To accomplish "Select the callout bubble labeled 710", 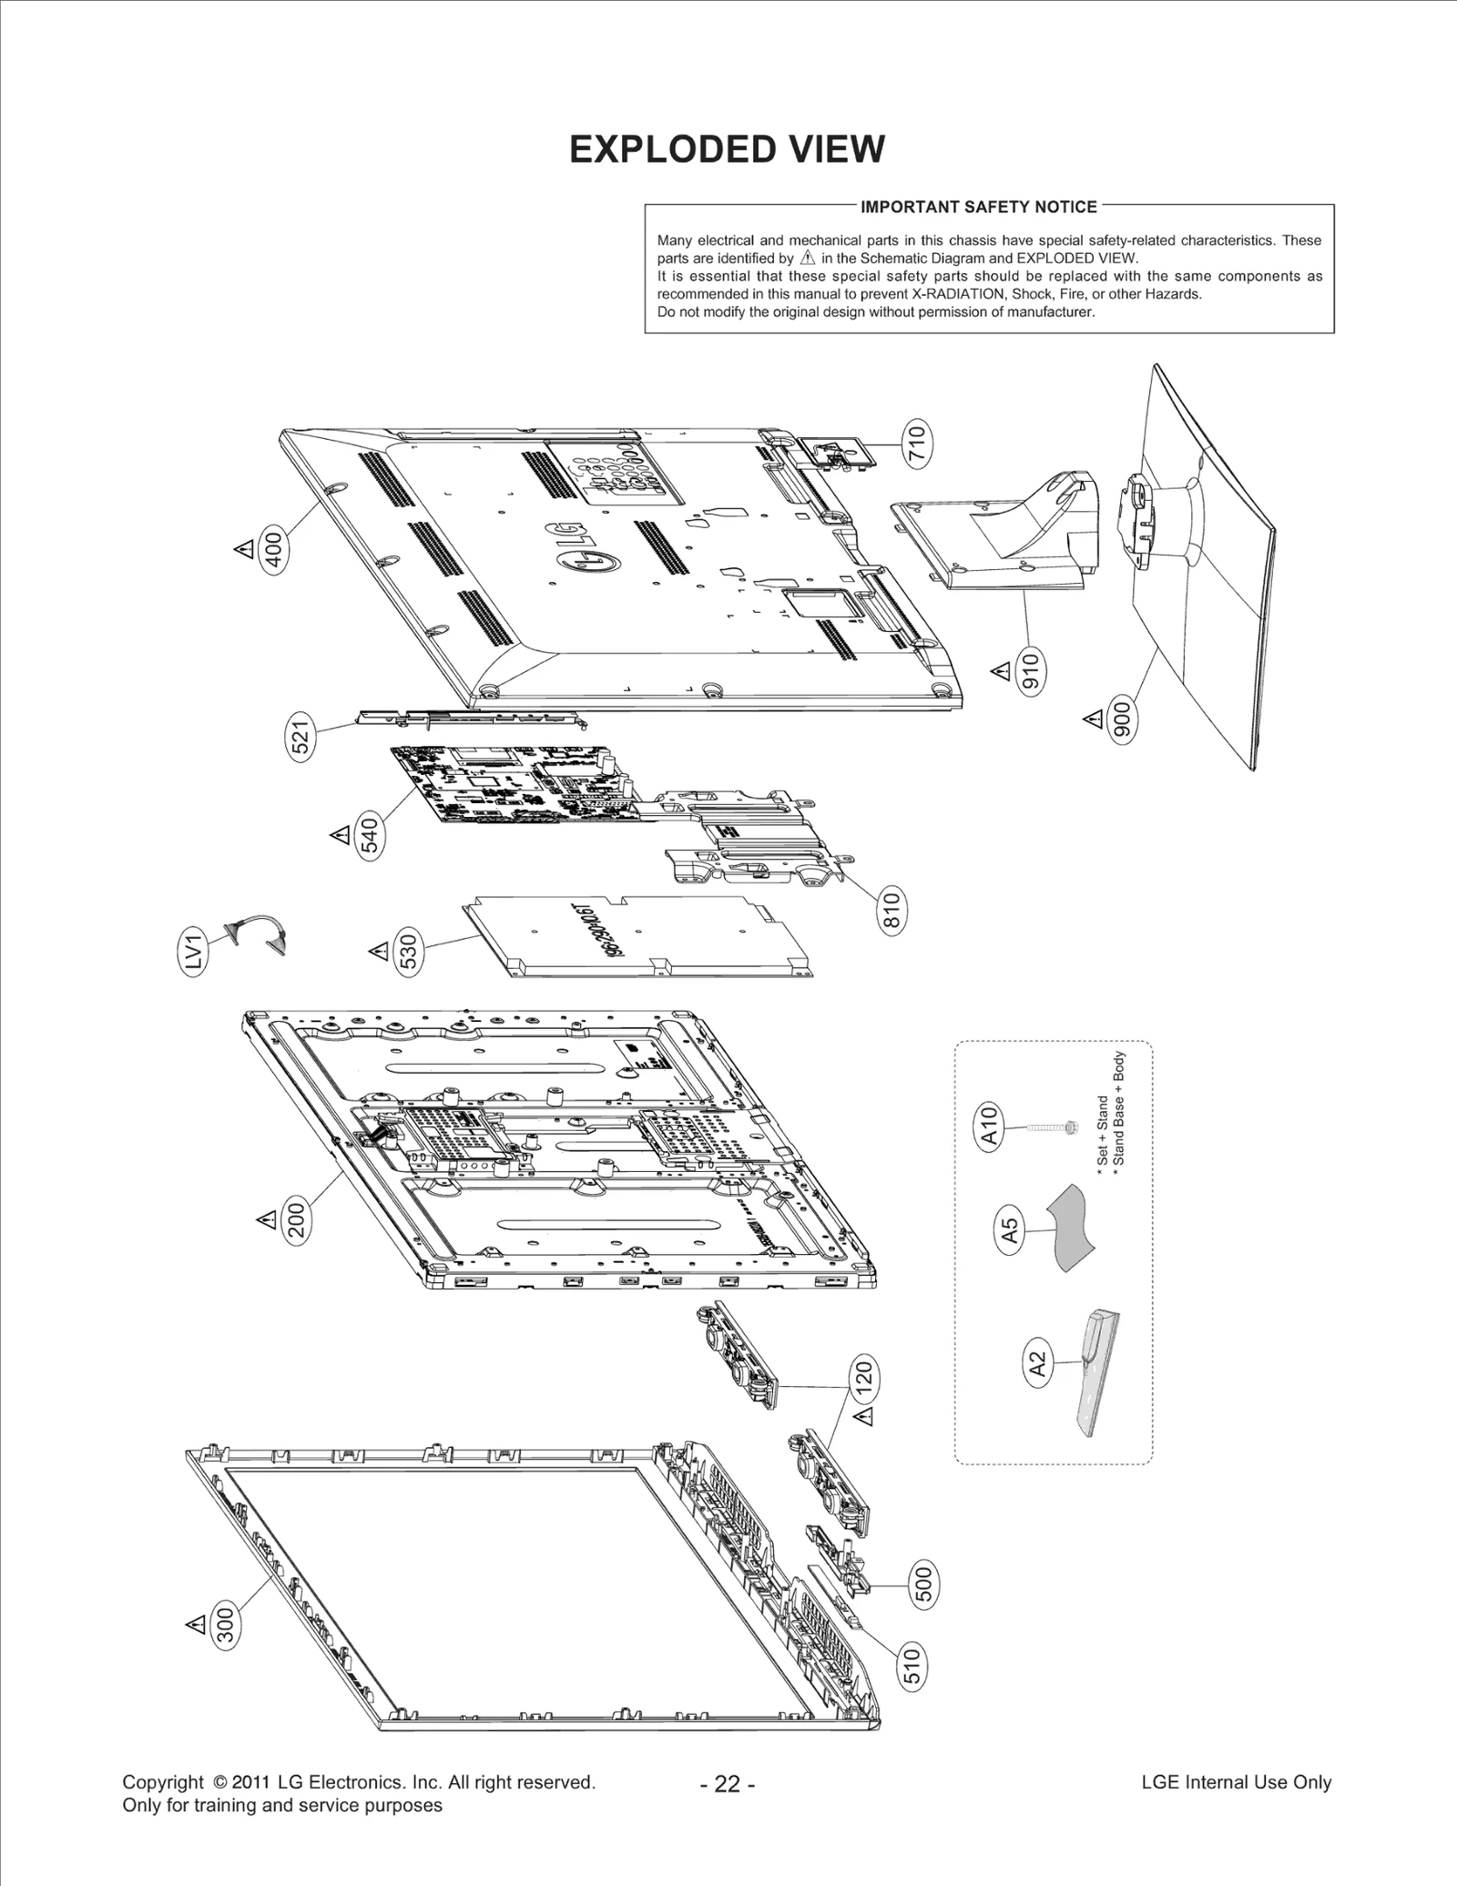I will (917, 443).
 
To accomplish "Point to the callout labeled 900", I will (1123, 719).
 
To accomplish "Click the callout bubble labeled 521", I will (301, 736).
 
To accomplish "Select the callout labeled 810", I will (892, 911).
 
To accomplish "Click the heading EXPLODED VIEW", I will (727, 149).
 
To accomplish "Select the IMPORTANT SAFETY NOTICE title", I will (979, 207).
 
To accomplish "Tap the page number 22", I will (728, 1784).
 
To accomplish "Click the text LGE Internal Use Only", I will (1236, 1782).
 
